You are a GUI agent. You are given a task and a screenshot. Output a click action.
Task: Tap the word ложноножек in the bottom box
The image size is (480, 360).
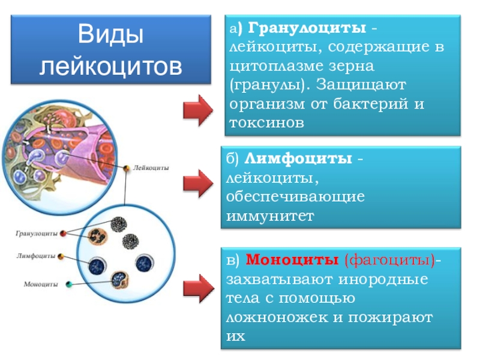point(274,317)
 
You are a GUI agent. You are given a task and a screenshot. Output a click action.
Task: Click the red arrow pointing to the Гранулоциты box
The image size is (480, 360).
point(197,110)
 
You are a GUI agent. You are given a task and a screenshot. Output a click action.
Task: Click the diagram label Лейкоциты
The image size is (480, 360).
point(151,169)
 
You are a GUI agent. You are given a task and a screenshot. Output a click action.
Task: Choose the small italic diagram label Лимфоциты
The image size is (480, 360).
point(35,256)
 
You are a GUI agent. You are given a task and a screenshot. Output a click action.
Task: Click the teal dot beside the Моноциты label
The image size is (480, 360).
point(69,284)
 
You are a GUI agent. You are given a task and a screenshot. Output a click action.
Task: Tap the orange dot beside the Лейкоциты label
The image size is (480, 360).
point(127,169)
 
